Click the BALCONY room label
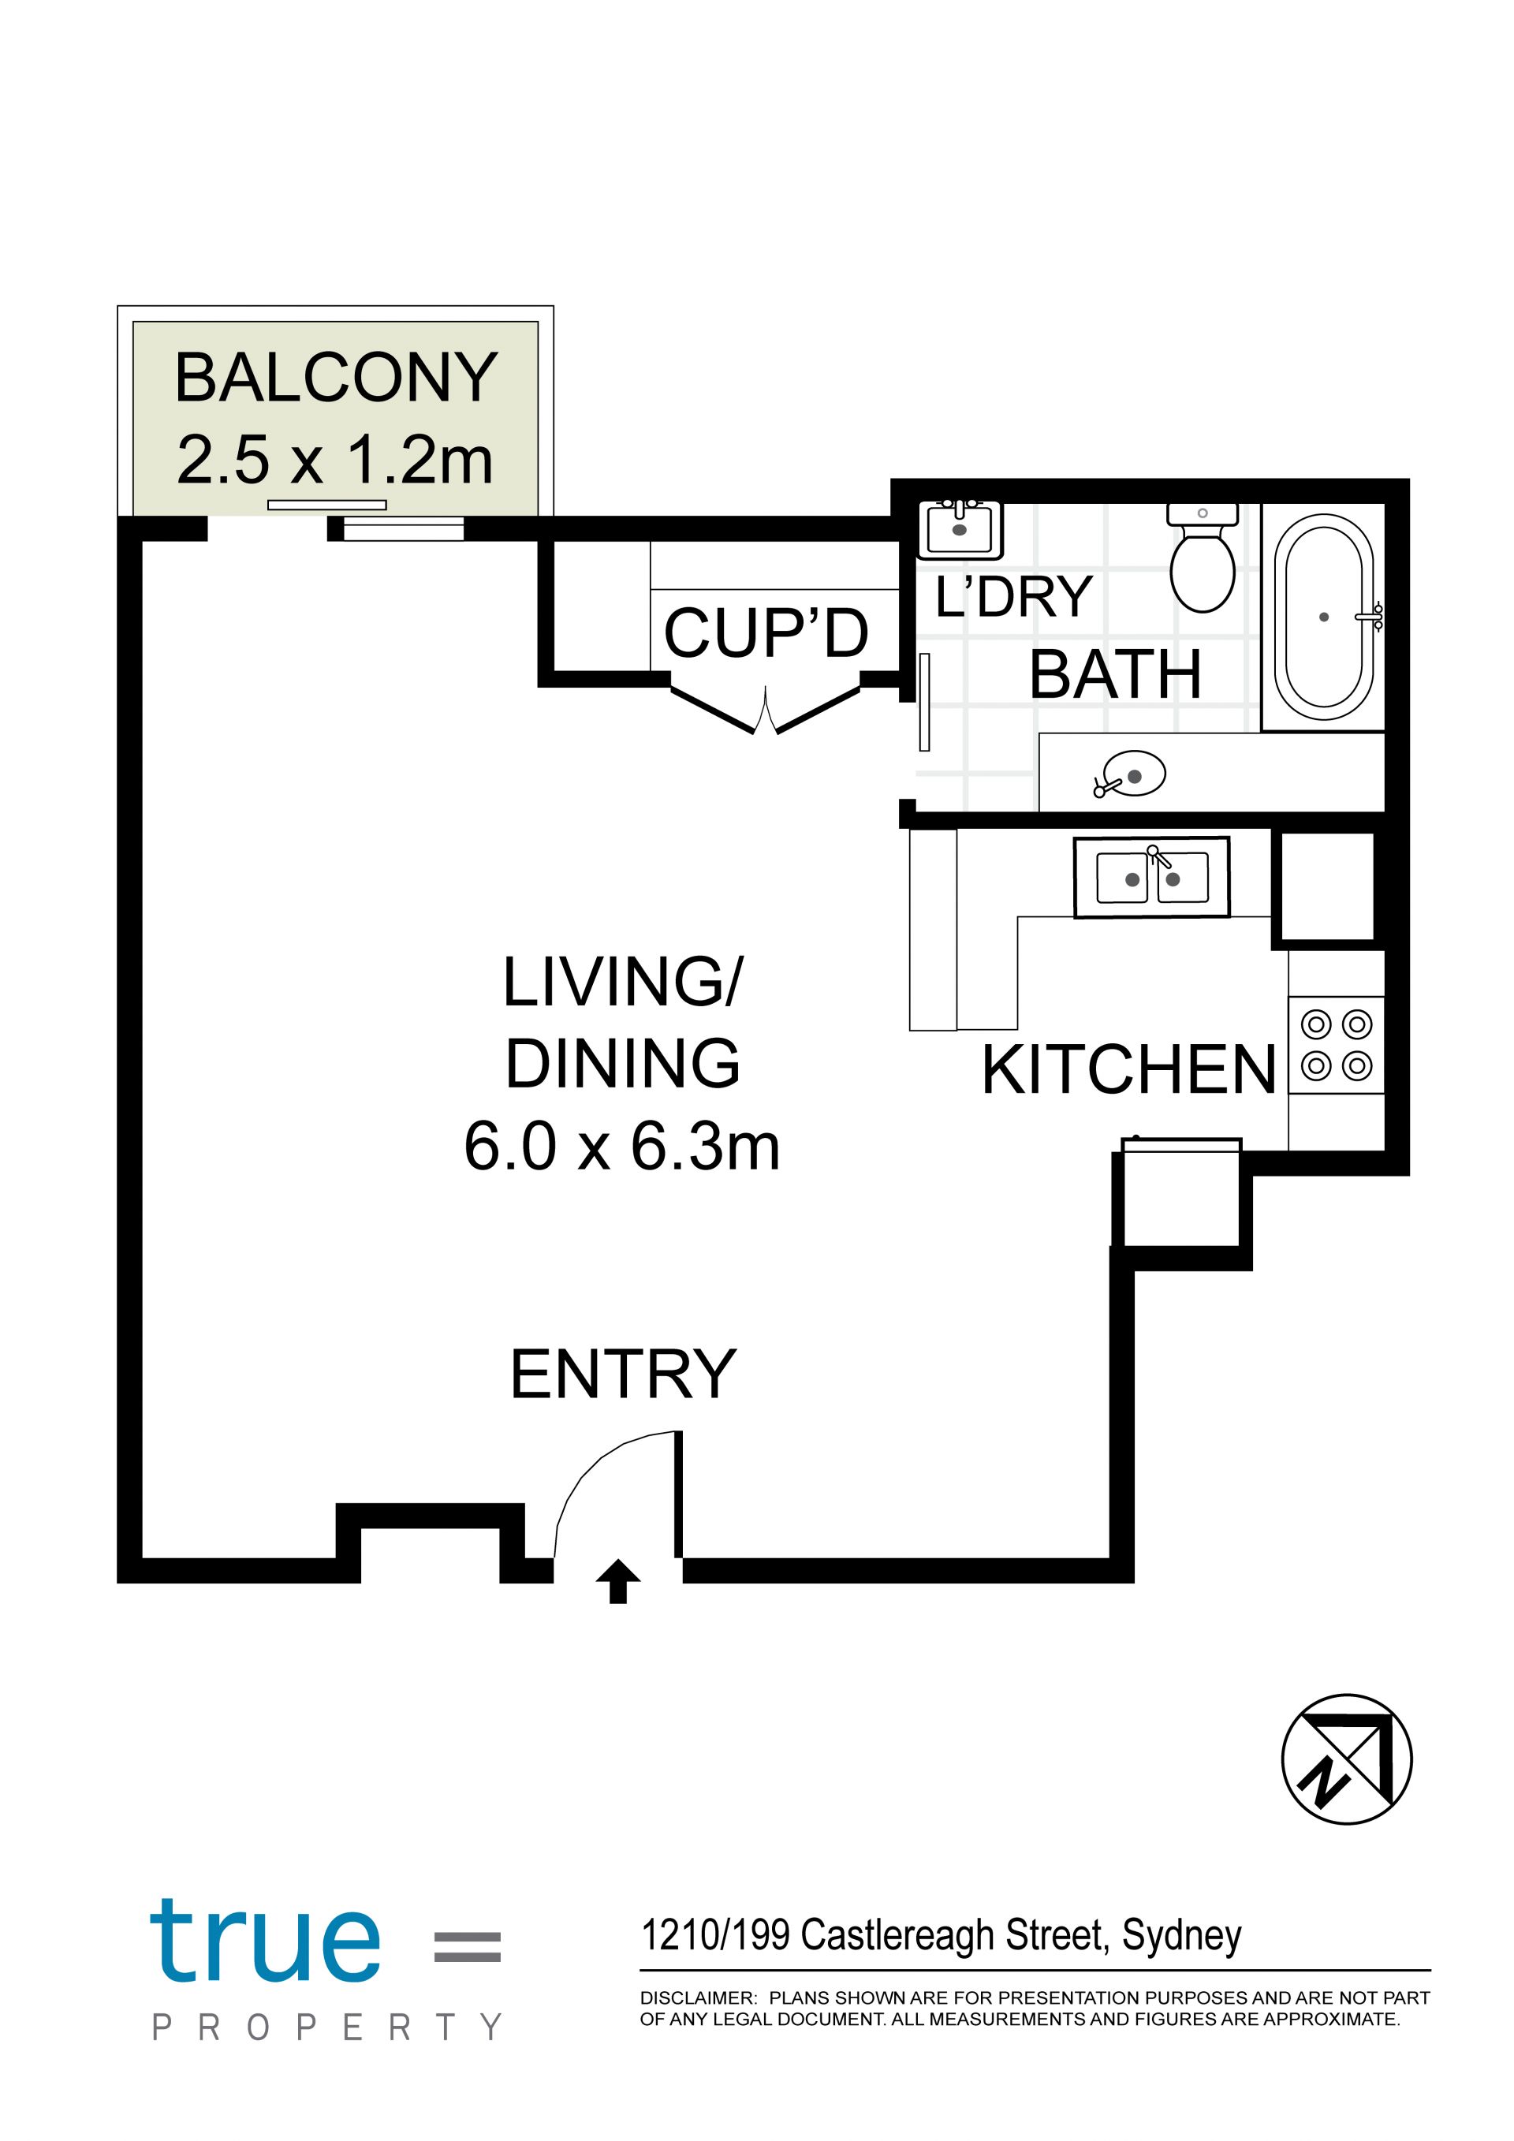point(336,378)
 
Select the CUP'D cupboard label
point(766,633)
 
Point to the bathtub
point(1324,617)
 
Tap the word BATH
point(1115,674)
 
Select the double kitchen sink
point(1152,877)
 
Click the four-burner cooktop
point(1336,1044)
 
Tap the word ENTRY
point(623,1374)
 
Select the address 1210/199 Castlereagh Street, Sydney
point(941,1936)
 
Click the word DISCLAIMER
point(697,1998)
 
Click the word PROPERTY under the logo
point(327,2027)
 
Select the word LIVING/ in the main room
point(623,982)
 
